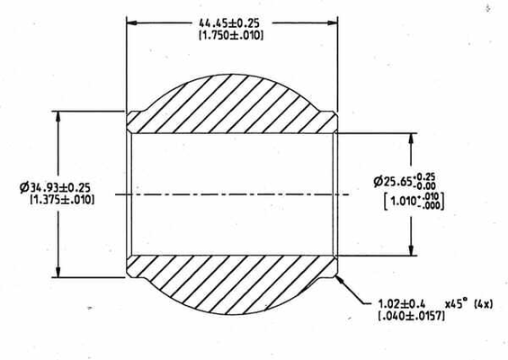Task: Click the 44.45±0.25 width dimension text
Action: click(229, 23)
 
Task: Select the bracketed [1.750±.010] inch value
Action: click(231, 35)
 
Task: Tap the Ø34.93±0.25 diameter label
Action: click(55, 187)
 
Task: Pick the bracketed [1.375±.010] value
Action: click(62, 200)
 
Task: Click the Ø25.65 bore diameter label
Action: click(405, 181)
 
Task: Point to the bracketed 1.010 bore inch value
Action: click(414, 201)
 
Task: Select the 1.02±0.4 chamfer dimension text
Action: click(401, 304)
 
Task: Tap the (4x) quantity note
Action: click(483, 304)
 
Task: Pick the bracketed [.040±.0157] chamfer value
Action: click(411, 316)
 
